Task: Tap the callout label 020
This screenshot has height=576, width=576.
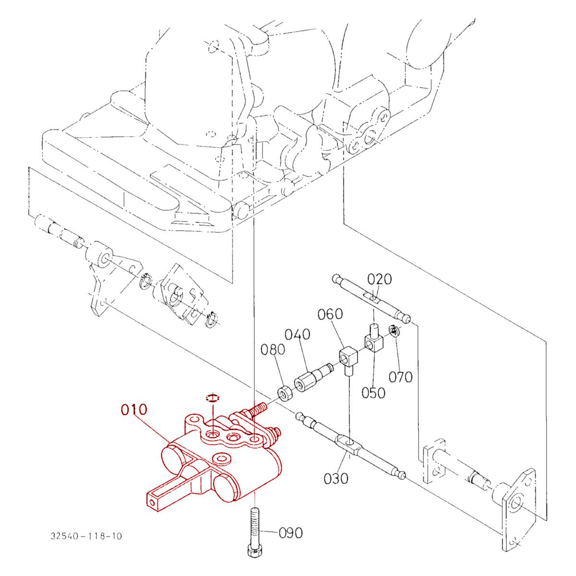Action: (380, 279)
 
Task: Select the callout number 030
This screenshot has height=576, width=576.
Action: (336, 478)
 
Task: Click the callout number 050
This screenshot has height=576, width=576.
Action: (373, 392)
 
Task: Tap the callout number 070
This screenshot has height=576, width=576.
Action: (401, 377)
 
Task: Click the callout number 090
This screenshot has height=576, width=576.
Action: (291, 533)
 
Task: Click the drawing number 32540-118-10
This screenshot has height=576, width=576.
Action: (85, 535)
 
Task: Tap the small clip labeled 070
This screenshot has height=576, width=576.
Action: (394, 331)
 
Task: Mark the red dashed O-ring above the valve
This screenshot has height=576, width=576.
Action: (212, 398)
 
